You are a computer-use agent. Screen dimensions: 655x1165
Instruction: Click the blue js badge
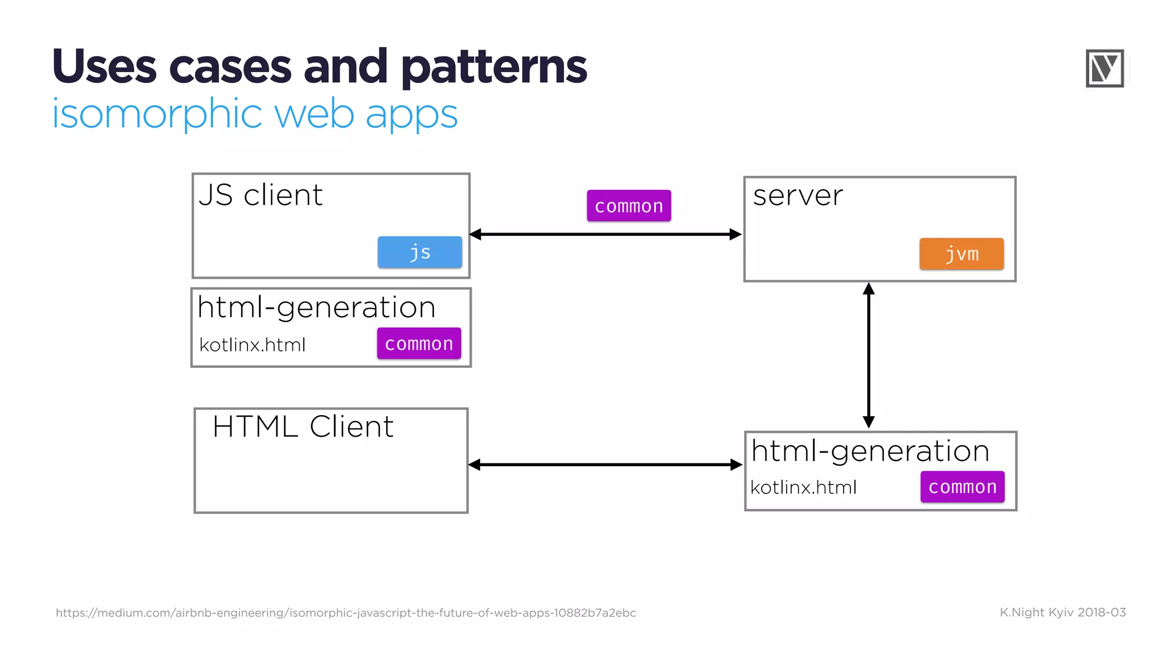click(420, 252)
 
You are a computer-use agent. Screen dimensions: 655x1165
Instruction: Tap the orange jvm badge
click(961, 254)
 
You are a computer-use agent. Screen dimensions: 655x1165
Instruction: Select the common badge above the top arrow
click(629, 206)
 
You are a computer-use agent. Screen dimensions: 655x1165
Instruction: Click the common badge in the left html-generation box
click(419, 343)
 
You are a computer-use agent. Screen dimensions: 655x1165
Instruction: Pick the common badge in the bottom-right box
click(962, 487)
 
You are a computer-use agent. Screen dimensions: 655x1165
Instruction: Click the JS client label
click(261, 195)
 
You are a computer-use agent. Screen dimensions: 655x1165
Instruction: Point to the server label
click(798, 196)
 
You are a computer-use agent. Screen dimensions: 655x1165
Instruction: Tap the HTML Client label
click(303, 426)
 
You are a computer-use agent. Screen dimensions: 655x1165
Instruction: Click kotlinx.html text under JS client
click(253, 345)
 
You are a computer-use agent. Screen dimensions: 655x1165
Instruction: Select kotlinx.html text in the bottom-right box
click(803, 488)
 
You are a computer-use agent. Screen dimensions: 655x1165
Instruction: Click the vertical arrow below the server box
click(869, 355)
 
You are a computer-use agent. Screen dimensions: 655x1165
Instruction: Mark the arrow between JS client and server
click(605, 234)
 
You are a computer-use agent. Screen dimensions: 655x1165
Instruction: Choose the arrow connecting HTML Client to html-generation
click(605, 465)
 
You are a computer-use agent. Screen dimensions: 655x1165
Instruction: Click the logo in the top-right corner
click(1105, 68)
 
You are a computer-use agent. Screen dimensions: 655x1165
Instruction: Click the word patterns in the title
click(494, 67)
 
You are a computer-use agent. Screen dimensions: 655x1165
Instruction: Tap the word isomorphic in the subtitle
click(157, 114)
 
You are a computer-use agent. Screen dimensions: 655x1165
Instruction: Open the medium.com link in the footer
click(346, 613)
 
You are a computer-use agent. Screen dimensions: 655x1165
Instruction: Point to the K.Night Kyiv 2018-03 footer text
click(1063, 612)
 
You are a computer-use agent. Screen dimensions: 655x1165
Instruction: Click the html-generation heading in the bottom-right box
click(870, 451)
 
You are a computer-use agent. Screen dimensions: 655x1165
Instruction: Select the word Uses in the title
click(104, 67)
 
